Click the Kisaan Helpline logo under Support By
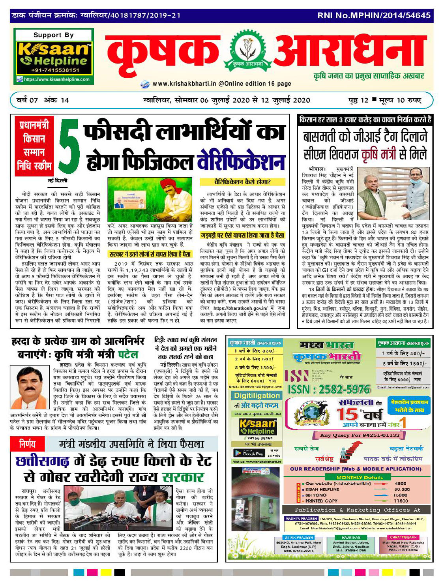pos(54,55)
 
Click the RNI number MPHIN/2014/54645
pos(374,15)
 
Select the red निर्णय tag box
pos(27,444)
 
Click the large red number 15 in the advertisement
pos(347,414)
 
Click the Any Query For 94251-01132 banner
pos(360,435)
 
